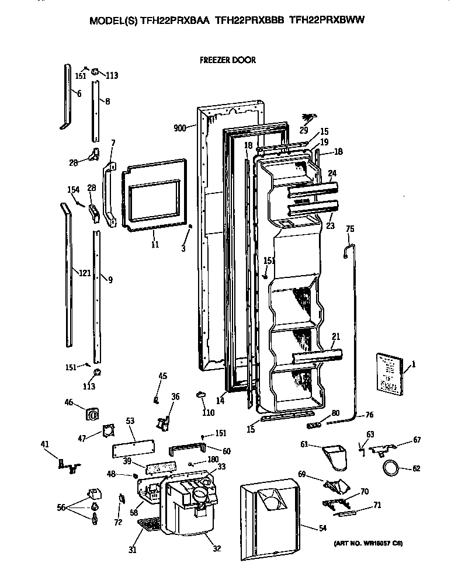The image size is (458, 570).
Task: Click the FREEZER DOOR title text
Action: point(227,60)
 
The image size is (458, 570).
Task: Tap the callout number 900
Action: point(180,128)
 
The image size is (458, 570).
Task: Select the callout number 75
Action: point(350,228)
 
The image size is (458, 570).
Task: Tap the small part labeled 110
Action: point(201,395)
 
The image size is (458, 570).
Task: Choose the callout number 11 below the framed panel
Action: point(155,244)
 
